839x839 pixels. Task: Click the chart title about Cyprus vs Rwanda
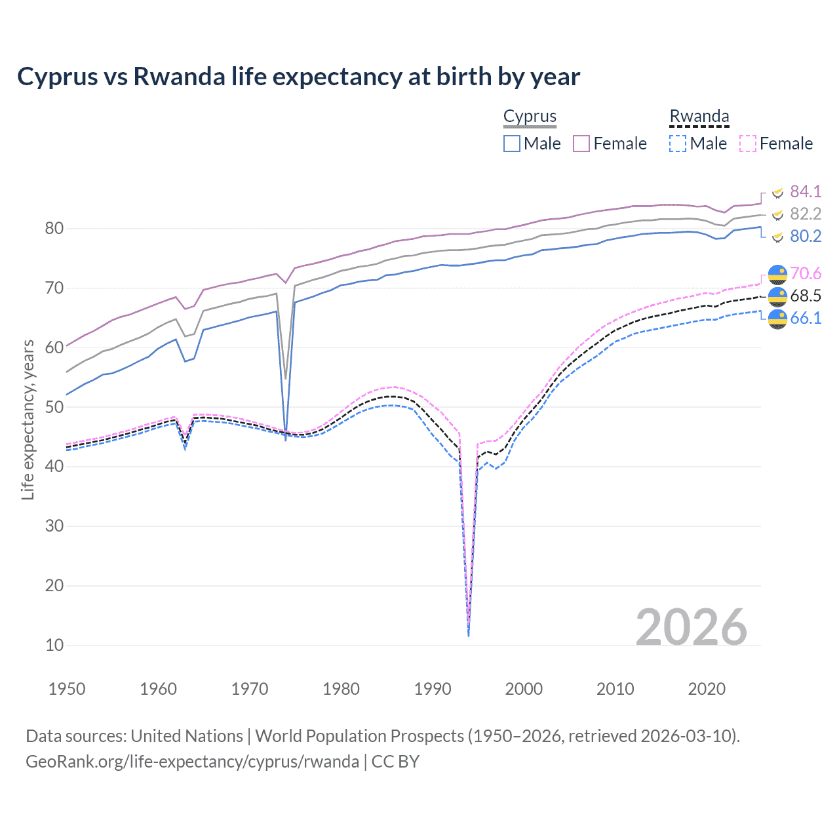tap(298, 77)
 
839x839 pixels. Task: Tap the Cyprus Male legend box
tap(512, 144)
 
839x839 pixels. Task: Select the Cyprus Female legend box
tap(581, 144)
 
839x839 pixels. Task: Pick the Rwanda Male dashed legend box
tap(678, 144)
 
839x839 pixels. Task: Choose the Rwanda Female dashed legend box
tap(748, 144)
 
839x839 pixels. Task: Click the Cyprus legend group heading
tap(530, 116)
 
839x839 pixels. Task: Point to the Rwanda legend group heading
tap(699, 116)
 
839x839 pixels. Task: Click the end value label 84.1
tap(805, 191)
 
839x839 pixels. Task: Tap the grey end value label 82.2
tap(805, 214)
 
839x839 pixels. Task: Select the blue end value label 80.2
tap(805, 236)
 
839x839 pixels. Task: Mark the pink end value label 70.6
tap(805, 273)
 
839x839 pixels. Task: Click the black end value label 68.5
tap(805, 296)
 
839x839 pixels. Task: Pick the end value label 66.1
tap(805, 318)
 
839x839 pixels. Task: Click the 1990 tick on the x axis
tap(433, 689)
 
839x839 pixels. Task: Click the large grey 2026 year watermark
tap(691, 627)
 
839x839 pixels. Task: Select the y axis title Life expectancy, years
tap(28, 419)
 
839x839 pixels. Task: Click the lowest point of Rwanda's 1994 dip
tap(468, 634)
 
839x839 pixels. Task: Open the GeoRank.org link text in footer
tap(192, 762)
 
